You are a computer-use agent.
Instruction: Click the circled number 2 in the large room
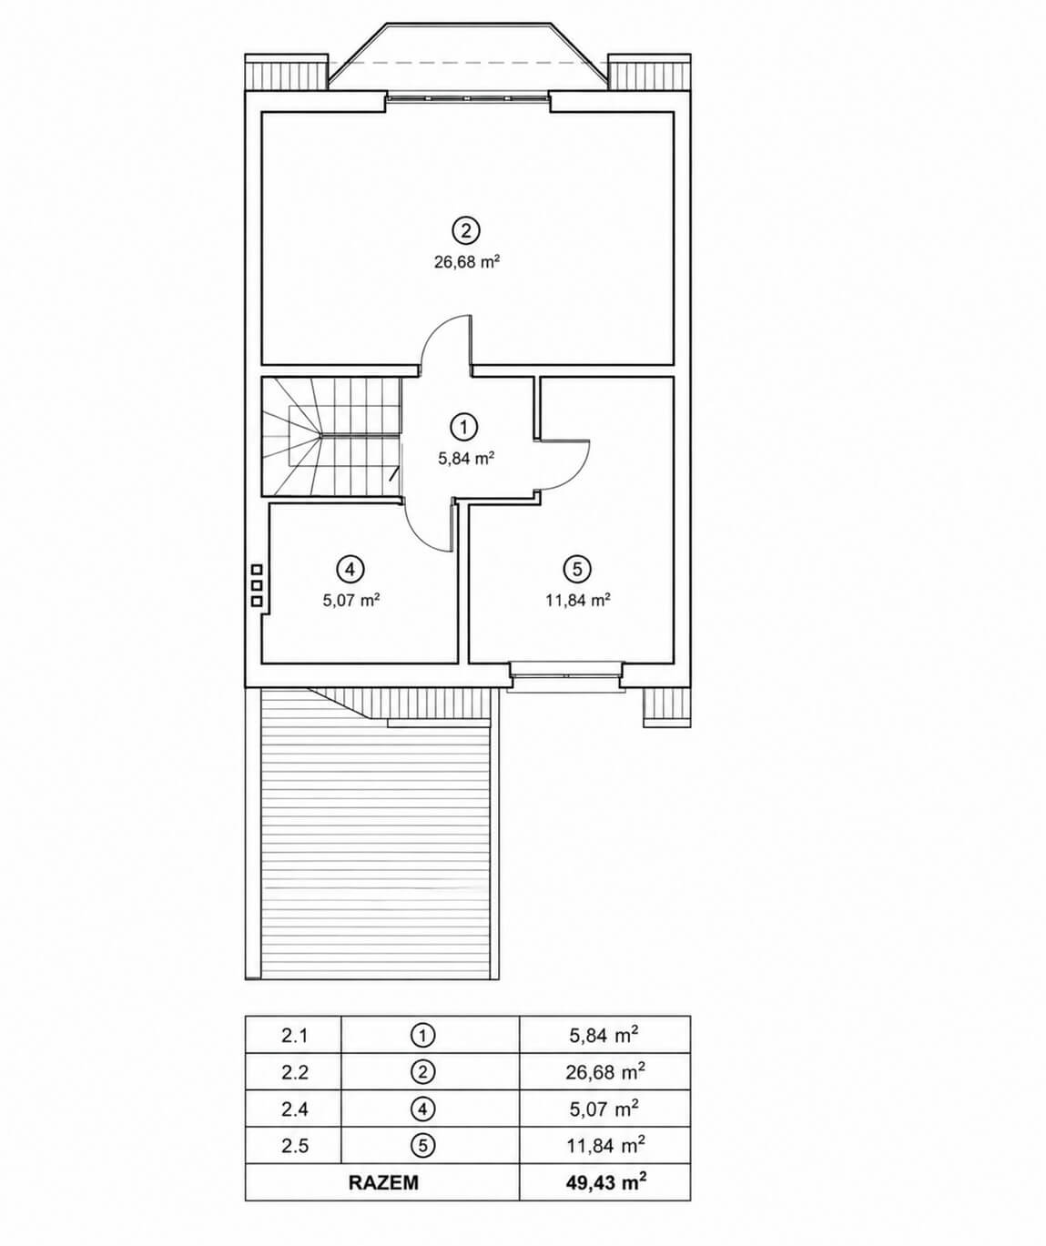pyautogui.click(x=466, y=230)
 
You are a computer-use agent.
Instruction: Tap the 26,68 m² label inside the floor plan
pyautogui.click(x=466, y=262)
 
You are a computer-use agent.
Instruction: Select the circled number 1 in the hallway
pyautogui.click(x=464, y=427)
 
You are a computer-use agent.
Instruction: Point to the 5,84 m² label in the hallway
pyautogui.click(x=466, y=459)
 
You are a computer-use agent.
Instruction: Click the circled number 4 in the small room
pyautogui.click(x=350, y=569)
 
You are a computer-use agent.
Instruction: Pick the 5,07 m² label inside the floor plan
pyautogui.click(x=351, y=601)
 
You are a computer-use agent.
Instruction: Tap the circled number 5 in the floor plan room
pyautogui.click(x=577, y=569)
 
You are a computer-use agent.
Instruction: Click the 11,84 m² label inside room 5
pyautogui.click(x=577, y=600)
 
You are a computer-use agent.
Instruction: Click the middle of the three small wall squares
pyautogui.click(x=257, y=585)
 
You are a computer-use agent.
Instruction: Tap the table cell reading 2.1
pyautogui.click(x=294, y=1036)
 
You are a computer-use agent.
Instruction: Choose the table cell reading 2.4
pyautogui.click(x=294, y=1109)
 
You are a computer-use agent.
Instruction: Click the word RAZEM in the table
pyautogui.click(x=383, y=1182)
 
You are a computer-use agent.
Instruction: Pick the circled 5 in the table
pyautogui.click(x=422, y=1146)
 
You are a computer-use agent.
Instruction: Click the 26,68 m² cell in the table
pyautogui.click(x=604, y=1072)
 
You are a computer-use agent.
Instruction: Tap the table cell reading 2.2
pyautogui.click(x=294, y=1072)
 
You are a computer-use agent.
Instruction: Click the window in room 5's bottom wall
pyautogui.click(x=566, y=676)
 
